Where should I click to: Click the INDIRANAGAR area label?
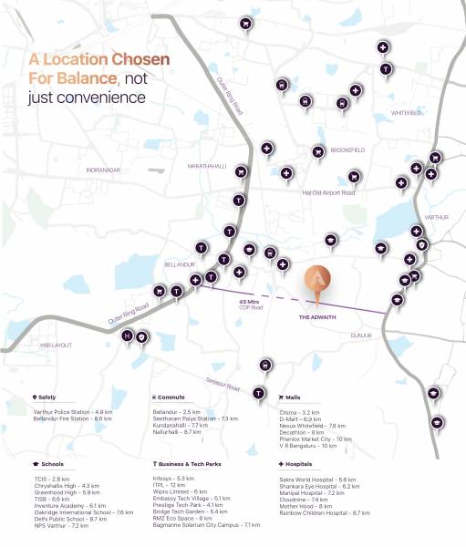tap(103, 170)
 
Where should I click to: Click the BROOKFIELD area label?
tap(347, 150)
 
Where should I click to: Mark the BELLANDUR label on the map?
tap(180, 264)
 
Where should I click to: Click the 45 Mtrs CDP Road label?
tap(250, 304)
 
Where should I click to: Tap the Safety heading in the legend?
tap(47, 397)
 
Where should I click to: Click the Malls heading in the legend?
tap(292, 397)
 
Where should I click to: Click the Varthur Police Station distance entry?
tap(72, 412)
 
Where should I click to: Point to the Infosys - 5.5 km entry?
tap(173, 478)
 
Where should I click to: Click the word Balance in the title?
tap(85, 77)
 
